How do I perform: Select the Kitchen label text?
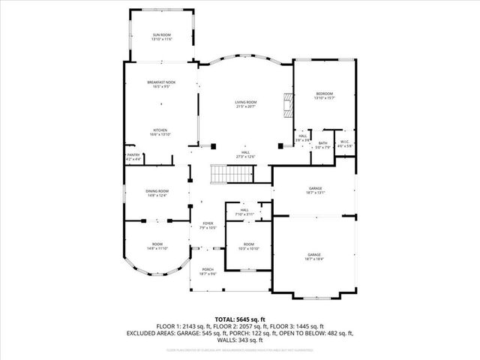[160, 132]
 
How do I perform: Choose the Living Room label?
[246, 104]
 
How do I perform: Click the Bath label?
[322, 145]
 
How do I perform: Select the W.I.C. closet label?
[345, 144]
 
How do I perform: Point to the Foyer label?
[208, 225]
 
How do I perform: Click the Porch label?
[208, 272]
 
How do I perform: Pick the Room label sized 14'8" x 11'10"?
[157, 246]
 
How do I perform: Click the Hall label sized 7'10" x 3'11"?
[244, 211]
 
